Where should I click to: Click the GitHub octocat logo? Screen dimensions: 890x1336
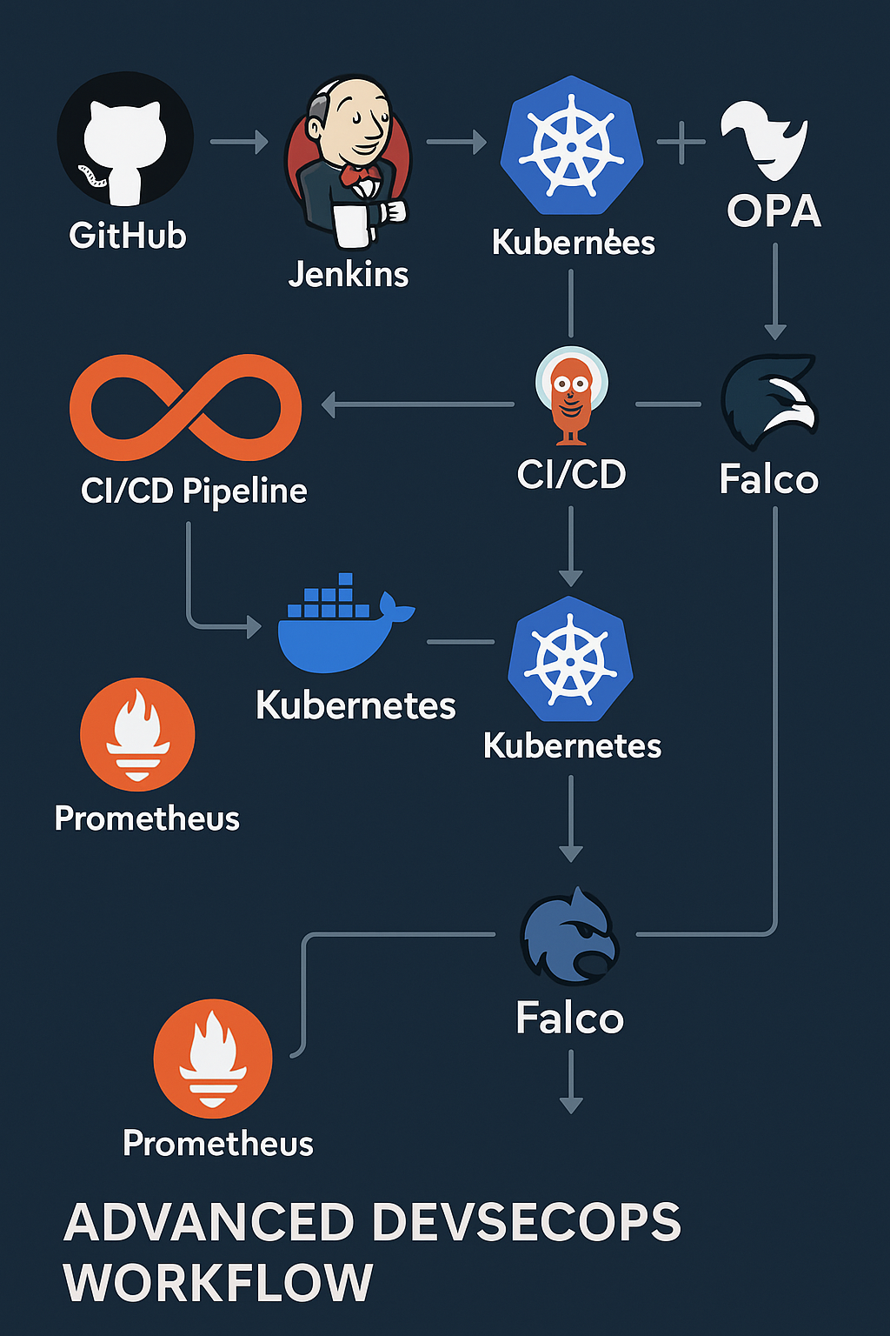(x=125, y=138)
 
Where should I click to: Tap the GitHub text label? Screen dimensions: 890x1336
(x=128, y=236)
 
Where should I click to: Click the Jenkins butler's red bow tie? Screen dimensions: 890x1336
(x=360, y=175)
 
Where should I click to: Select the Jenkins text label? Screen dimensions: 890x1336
(x=349, y=274)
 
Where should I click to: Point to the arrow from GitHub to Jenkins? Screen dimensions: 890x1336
(x=239, y=142)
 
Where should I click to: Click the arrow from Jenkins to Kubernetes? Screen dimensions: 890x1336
(x=456, y=142)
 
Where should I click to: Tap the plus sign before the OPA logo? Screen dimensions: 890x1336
(x=681, y=143)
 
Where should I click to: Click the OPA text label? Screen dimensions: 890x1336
(x=774, y=210)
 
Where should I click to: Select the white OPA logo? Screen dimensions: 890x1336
(x=765, y=139)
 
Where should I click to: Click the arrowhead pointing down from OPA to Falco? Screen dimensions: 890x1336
(x=775, y=331)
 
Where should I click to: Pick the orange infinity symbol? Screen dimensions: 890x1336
(x=185, y=407)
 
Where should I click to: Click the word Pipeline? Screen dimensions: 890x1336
(x=245, y=492)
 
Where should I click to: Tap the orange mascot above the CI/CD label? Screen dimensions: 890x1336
(x=571, y=396)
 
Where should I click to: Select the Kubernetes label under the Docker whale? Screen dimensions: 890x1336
(x=355, y=705)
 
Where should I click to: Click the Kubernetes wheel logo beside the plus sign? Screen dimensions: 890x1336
(x=572, y=145)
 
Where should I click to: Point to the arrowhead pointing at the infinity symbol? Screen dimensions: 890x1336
(x=328, y=405)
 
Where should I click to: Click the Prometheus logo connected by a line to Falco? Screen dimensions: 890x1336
(x=213, y=1058)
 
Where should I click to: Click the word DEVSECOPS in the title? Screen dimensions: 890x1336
(x=527, y=1222)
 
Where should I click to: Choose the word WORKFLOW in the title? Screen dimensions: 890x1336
(x=218, y=1283)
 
